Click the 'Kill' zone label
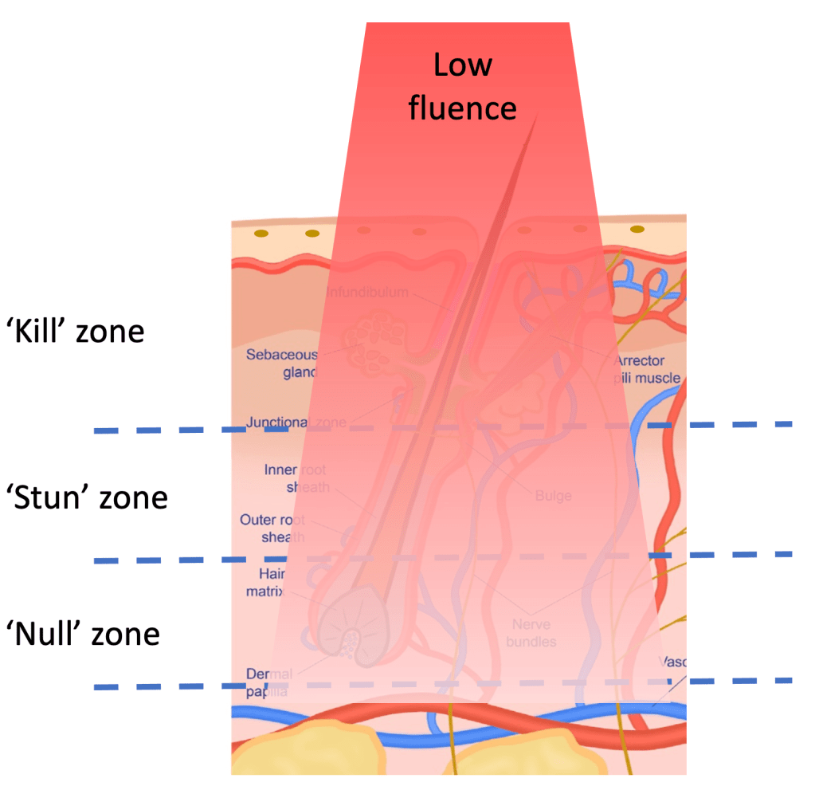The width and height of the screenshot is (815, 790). pos(76,330)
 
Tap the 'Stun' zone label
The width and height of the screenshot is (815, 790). pos(87,497)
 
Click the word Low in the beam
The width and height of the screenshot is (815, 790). pos(462,65)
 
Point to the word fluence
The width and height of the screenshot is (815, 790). pos(462,108)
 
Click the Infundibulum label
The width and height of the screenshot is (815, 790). pos(367,293)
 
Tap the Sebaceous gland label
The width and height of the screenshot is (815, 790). pos(281,363)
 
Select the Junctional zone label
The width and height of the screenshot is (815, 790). pos(296,423)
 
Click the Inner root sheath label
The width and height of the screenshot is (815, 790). pos(296,478)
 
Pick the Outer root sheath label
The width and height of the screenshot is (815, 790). pos(272,529)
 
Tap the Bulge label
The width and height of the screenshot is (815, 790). pos(553,496)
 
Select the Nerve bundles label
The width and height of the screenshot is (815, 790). pos(531,633)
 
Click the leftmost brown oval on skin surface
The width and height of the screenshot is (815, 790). pos(260,234)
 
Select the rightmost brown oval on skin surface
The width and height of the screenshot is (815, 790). pos(637,230)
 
